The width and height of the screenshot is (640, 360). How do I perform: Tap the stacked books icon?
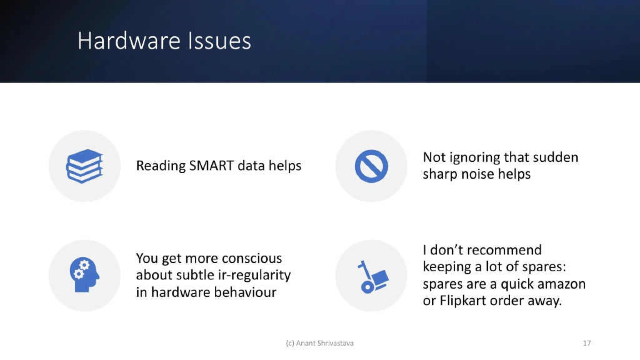(x=84, y=166)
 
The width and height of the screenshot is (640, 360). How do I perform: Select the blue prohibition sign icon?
(x=371, y=166)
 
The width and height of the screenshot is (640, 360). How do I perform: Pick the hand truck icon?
(x=371, y=276)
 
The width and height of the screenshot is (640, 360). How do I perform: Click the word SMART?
(x=214, y=166)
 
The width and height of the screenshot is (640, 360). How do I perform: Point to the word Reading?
(x=161, y=166)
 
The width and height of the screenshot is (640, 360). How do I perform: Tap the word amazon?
(x=555, y=284)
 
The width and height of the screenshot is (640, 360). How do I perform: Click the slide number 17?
(x=586, y=343)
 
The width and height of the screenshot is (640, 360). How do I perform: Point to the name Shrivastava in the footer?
(x=337, y=343)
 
